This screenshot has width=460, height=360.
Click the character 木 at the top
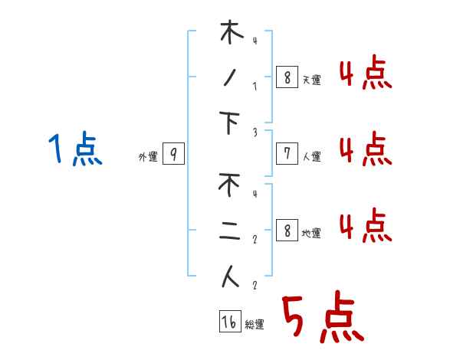coord(231,34)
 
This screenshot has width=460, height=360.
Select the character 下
coord(231,123)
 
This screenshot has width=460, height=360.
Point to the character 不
coord(231,186)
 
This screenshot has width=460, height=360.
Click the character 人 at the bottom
coord(231,277)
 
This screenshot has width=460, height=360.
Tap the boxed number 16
coord(229,322)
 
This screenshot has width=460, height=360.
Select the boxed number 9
coord(173,155)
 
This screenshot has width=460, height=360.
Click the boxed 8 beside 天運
coord(287,77)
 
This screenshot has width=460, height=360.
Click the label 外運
coord(147,157)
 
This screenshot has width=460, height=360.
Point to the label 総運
coord(254,325)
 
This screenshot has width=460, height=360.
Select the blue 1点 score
coord(74,149)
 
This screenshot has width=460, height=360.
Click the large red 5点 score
coord(320,318)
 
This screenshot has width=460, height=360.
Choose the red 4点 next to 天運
coord(365,74)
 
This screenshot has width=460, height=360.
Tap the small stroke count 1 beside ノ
coord(254,86)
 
